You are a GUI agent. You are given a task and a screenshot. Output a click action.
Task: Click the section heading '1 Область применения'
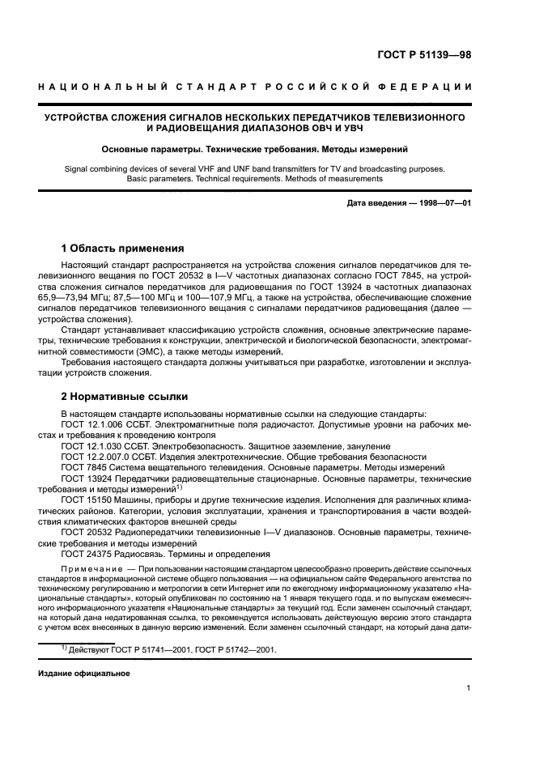[123, 248]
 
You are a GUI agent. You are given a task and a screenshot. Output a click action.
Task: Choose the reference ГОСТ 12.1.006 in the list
[91, 424]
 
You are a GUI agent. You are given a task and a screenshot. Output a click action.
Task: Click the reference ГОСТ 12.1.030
[91, 446]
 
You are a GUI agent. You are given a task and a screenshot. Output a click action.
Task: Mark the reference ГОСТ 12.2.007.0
[95, 457]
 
